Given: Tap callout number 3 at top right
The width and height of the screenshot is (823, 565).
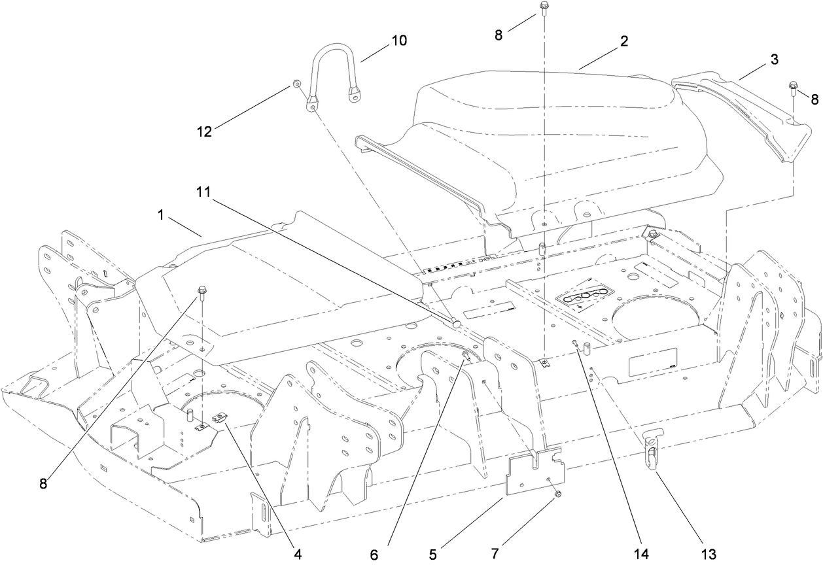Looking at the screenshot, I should [773, 60].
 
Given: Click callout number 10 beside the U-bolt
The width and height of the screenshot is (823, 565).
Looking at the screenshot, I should [398, 41].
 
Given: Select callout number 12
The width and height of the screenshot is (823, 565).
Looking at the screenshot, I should [204, 131].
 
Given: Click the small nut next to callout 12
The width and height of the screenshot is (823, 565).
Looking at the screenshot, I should [296, 84].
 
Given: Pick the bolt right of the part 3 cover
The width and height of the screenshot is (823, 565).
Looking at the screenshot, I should [793, 86].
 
